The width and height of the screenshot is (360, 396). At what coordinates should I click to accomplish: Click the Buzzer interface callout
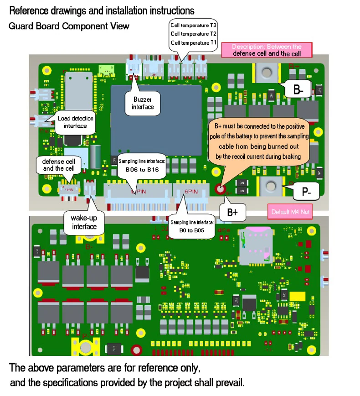[x=143, y=103]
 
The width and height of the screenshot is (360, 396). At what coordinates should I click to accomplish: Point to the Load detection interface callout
[x=75, y=122]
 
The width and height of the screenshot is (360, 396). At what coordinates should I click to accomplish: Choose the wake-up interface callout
[x=84, y=222]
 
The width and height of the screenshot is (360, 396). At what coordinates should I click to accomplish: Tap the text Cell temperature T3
[x=193, y=25]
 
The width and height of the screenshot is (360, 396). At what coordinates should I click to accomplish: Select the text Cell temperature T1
[x=193, y=42]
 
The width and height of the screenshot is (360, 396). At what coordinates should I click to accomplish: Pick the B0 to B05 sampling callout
[x=191, y=227]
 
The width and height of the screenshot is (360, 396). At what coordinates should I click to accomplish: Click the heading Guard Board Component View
[x=69, y=26]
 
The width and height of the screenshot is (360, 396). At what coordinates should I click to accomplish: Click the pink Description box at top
[x=267, y=50]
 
